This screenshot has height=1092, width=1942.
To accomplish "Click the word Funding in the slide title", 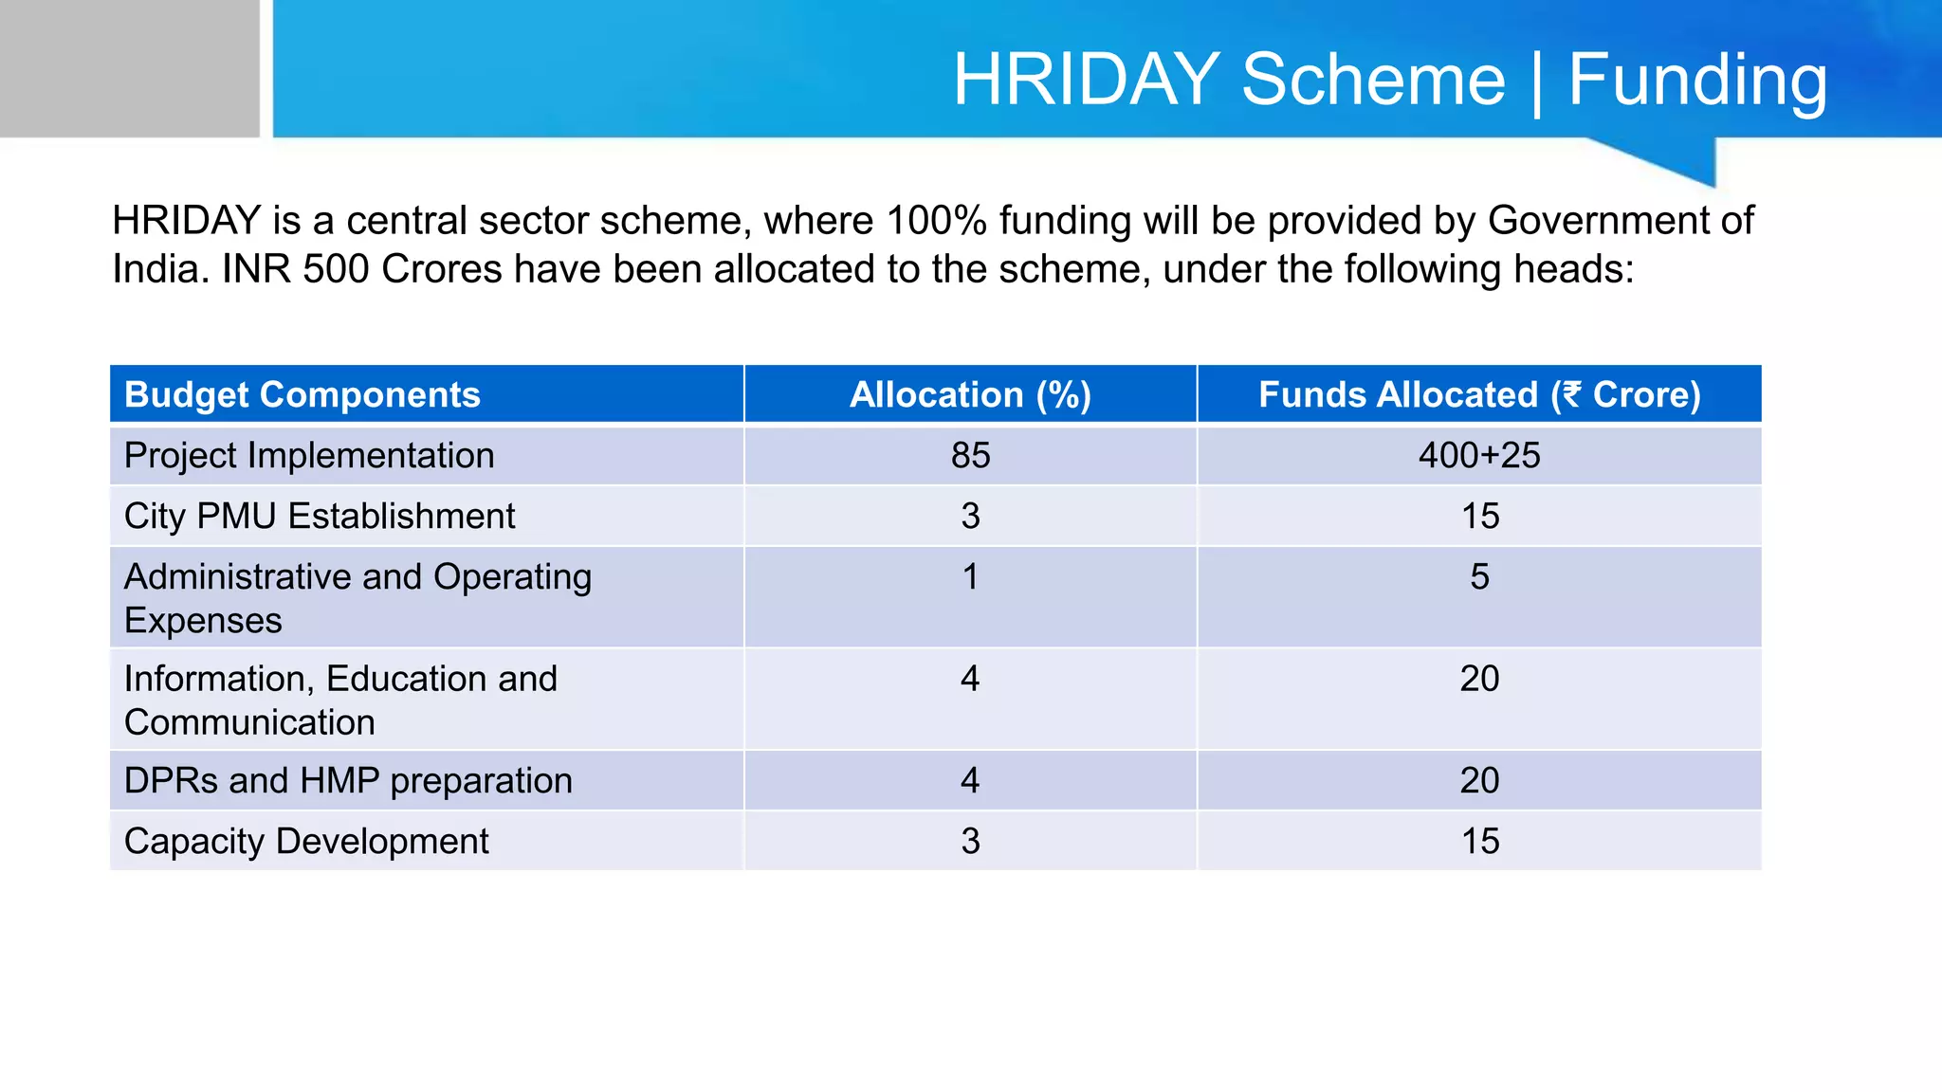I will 1697,81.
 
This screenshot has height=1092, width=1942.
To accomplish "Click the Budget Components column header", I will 302,394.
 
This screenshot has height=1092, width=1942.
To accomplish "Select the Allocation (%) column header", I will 970,394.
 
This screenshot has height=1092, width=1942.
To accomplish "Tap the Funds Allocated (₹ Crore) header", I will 1479,394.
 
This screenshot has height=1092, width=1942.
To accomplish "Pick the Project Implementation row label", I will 309,456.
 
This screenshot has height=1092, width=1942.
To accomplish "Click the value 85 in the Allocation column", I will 970,456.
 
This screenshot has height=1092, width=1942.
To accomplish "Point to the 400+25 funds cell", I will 1479,456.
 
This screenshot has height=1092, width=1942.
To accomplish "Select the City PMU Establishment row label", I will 320,517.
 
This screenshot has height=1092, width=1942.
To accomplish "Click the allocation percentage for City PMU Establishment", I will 970,517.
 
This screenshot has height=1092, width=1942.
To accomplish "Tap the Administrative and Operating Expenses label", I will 357,597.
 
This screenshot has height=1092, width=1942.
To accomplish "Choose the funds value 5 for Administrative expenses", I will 1479,577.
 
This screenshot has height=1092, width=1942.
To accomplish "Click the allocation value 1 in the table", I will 970,577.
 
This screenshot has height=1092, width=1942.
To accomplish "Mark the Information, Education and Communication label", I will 340,700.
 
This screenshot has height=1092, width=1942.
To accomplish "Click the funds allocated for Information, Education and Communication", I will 1479,679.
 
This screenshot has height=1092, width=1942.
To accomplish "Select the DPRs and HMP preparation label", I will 348,781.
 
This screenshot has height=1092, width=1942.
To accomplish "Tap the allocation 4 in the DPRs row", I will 970,781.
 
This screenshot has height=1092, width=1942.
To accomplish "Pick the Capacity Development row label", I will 306,842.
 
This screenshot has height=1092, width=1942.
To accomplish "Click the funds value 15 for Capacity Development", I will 1479,842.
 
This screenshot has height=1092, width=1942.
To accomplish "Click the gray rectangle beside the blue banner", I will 129,68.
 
